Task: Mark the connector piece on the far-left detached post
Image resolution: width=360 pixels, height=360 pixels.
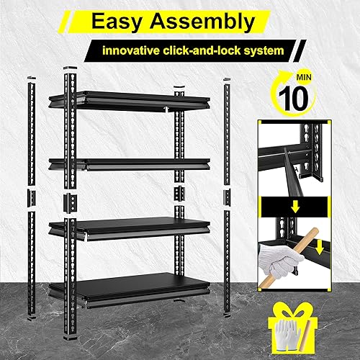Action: coord(30,196)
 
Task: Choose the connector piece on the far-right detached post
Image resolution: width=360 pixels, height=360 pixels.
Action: coord(226,194)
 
